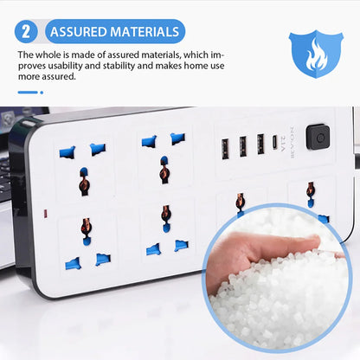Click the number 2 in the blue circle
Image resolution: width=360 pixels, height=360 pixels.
coord(27,32)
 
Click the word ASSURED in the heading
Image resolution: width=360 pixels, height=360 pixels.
coord(81,33)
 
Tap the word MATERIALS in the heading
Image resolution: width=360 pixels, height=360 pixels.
coord(146,33)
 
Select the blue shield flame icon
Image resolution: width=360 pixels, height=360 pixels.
coord(315,53)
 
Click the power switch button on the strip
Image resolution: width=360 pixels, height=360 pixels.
coord(318,137)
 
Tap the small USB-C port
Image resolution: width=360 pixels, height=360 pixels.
coord(275,142)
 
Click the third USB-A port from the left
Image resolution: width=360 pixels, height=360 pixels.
coord(260,143)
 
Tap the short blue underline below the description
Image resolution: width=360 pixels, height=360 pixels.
coord(29,92)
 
